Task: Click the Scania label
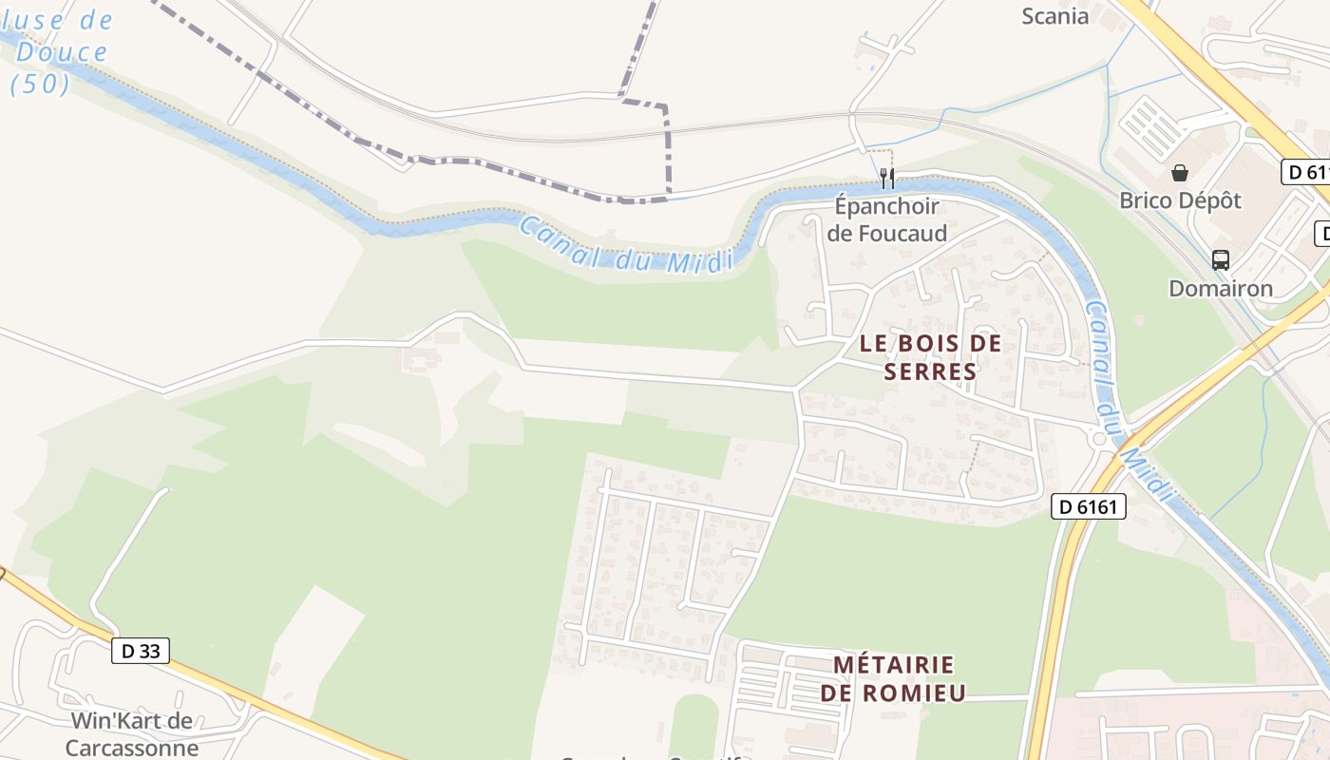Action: (x=1054, y=15)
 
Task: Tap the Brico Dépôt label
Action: (x=1180, y=200)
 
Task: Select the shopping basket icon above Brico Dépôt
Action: (x=1180, y=173)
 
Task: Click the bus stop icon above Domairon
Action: (x=1221, y=259)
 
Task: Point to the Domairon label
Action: (x=1221, y=288)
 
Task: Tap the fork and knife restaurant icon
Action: (x=887, y=178)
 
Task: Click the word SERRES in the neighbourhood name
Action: (x=930, y=371)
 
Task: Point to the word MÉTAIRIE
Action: (x=893, y=664)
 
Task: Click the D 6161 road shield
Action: (x=1089, y=507)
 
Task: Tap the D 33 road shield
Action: (x=141, y=651)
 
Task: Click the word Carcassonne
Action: (x=132, y=748)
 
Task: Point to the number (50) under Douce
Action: (x=41, y=84)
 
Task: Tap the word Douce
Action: (x=62, y=51)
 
